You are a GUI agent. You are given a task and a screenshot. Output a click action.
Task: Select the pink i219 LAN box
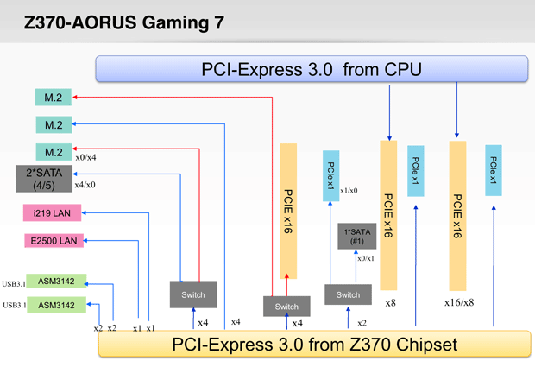(x=53, y=212)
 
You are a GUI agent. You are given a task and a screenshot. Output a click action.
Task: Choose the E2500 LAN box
(x=53, y=241)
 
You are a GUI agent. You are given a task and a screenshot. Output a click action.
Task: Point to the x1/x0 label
(x=349, y=191)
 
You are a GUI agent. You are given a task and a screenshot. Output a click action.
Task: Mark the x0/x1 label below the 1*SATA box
(x=366, y=258)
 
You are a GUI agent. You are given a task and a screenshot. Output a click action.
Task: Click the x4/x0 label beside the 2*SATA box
(x=85, y=184)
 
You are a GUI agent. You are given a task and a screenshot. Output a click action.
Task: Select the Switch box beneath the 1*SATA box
(x=348, y=294)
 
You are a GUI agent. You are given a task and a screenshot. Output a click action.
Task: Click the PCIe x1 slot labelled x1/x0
(x=331, y=176)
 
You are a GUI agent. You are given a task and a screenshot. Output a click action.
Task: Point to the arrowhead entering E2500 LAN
(x=86, y=241)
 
